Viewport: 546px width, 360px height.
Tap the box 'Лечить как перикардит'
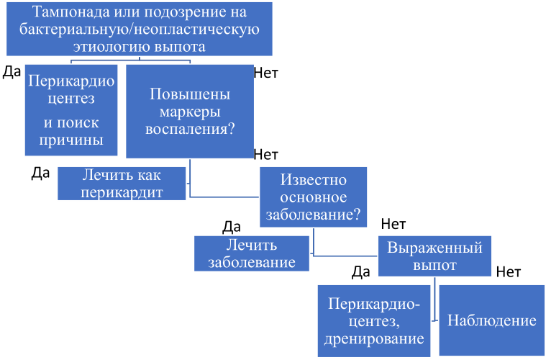coord(122,184)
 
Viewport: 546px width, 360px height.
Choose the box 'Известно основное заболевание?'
coord(313,197)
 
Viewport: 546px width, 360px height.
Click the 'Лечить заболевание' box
coord(252,253)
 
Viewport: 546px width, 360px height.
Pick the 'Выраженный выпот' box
coord(435,256)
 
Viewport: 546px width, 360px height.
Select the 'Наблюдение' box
coord(492,320)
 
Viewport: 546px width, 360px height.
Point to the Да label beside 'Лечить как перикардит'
coord(40,174)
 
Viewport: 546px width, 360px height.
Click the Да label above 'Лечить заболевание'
coord(231,227)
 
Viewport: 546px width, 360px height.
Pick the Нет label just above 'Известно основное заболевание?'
coord(266,155)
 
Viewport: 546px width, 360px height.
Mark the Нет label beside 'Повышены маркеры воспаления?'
coord(266,72)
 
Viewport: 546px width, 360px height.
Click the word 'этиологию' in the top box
coord(108,47)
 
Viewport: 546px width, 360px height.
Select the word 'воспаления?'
coord(189,130)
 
